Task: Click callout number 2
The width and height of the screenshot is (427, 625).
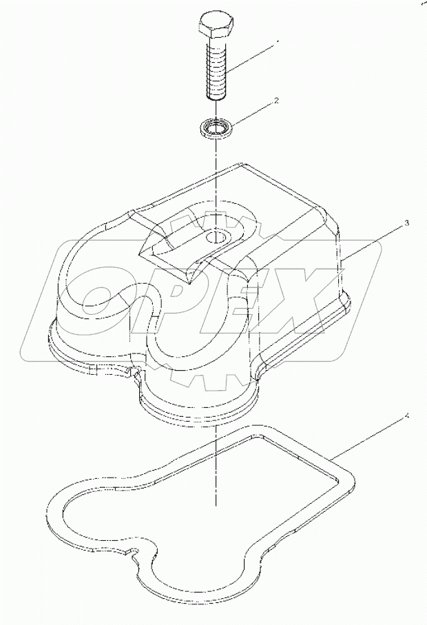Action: coord(276,101)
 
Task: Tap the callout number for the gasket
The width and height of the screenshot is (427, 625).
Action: coord(407,416)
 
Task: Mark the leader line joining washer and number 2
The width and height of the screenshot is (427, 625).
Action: coord(255,113)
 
